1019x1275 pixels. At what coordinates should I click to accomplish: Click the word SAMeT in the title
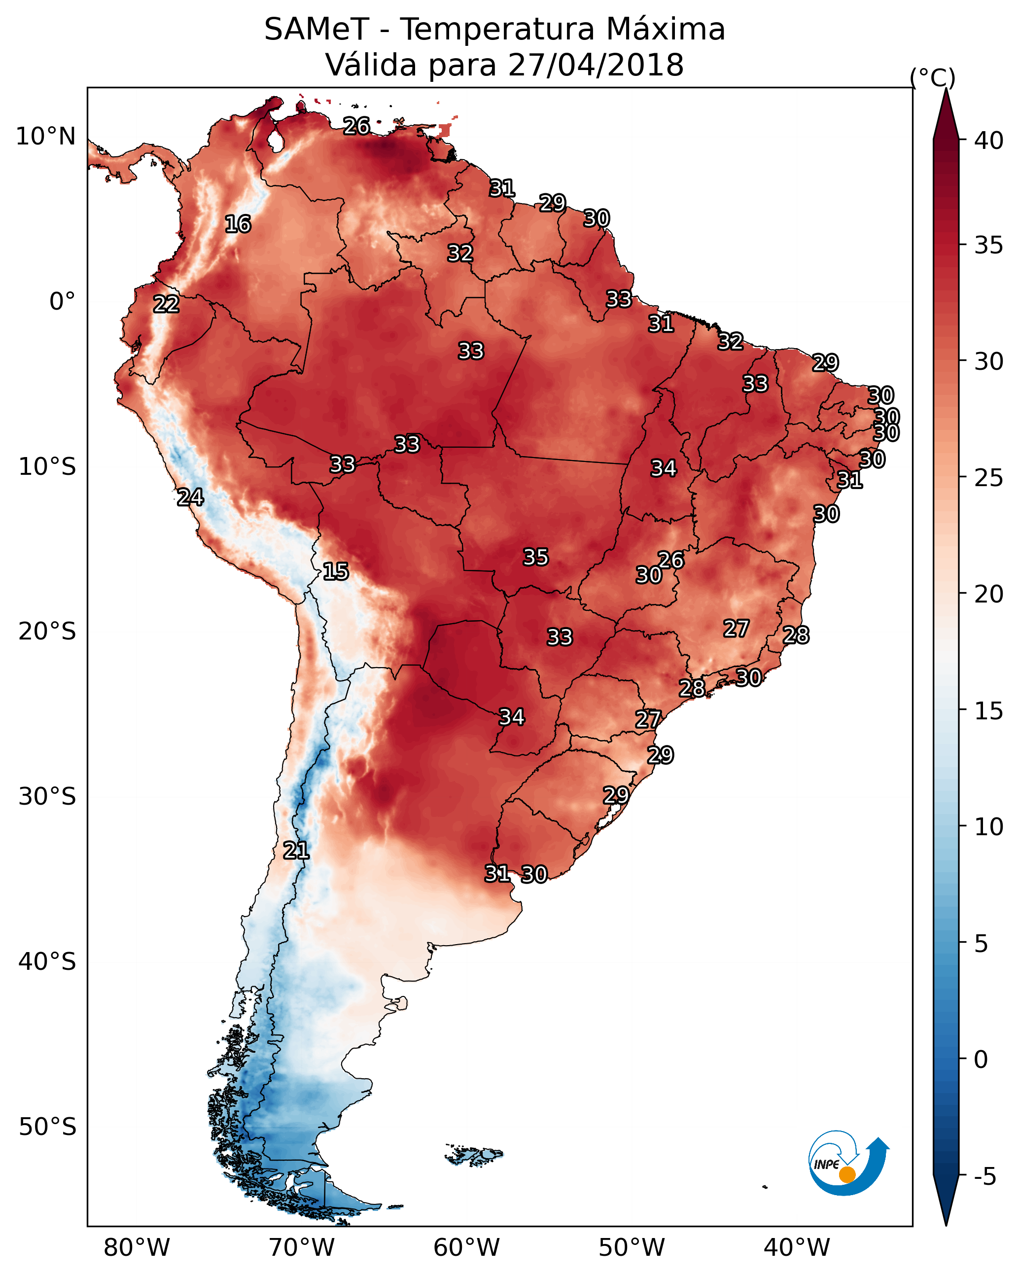[316, 30]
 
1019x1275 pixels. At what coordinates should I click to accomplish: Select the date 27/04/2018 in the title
[596, 65]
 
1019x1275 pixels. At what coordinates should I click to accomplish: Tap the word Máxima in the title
[663, 29]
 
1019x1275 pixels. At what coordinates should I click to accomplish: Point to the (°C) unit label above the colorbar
[933, 77]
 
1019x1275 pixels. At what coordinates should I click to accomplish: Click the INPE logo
[849, 1163]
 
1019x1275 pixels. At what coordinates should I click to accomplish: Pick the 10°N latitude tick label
[45, 137]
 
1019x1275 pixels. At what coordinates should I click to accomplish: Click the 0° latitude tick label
[63, 301]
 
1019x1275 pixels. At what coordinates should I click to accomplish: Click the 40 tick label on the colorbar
[989, 141]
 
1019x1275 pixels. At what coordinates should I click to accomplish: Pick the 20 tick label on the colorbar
[989, 594]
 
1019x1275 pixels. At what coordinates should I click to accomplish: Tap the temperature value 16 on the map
[238, 224]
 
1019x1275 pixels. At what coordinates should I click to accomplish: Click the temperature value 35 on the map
[536, 557]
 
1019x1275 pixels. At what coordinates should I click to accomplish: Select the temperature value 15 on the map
[335, 571]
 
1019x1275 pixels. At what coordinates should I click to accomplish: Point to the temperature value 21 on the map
[296, 850]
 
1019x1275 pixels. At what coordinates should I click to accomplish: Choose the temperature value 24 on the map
[190, 497]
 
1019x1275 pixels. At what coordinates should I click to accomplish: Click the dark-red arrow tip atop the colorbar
[946, 90]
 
